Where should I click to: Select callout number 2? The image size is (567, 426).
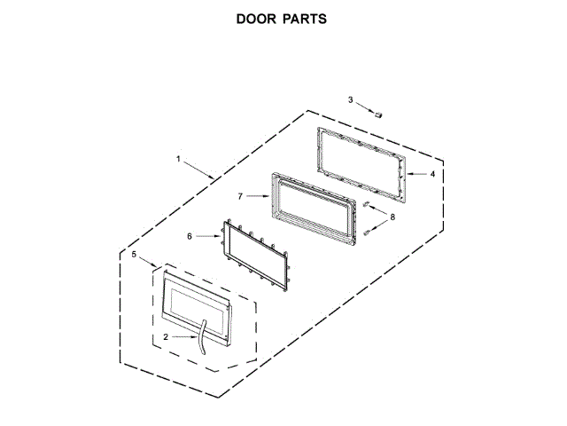click(166, 337)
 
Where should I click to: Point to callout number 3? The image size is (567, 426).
click(350, 100)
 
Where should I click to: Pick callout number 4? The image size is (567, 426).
click(432, 175)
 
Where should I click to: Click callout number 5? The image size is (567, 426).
click(135, 256)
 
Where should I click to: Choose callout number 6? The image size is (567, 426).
click(189, 236)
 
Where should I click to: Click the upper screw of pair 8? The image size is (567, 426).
click(365, 206)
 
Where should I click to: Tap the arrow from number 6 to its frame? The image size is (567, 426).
click(205, 236)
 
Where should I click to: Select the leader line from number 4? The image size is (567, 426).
click(416, 175)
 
